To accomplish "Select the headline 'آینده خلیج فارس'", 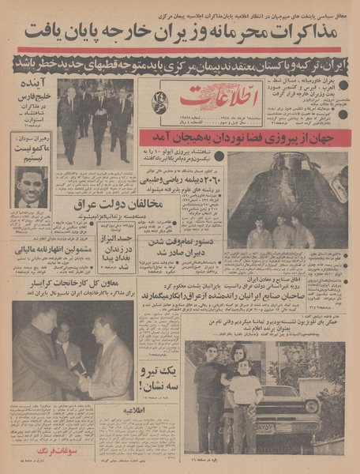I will coord(32,99).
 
